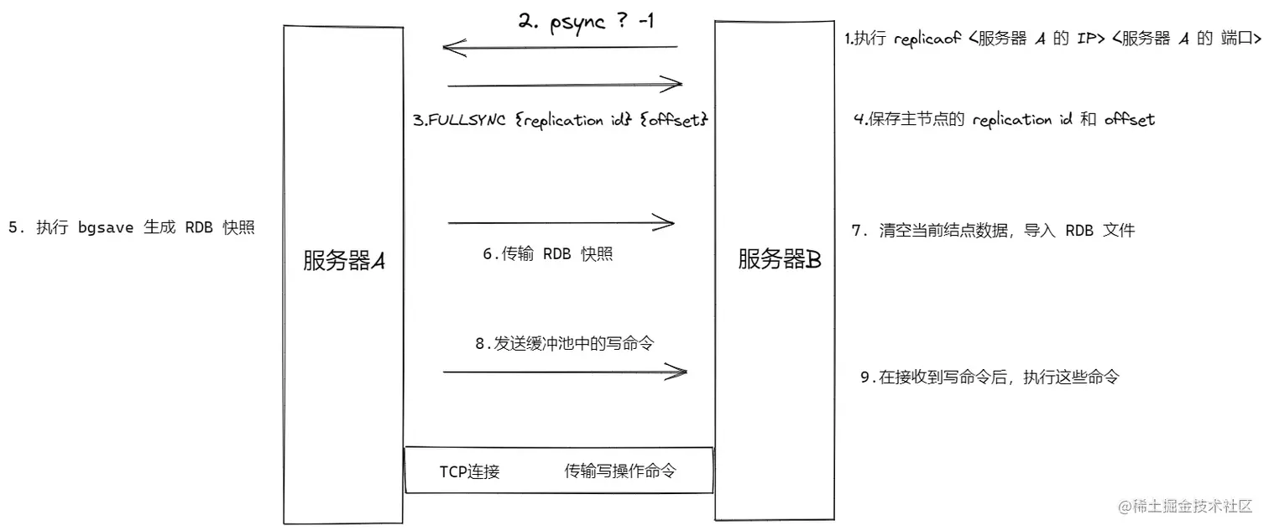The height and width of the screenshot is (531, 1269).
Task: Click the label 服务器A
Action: click(343, 262)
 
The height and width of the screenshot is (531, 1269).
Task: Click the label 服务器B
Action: click(779, 260)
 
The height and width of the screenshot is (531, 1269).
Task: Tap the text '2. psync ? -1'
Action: click(586, 23)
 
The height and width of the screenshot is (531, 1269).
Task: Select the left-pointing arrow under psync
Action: click(560, 48)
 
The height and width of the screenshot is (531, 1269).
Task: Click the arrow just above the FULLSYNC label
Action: click(565, 84)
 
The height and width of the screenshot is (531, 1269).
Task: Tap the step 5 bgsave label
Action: click(131, 228)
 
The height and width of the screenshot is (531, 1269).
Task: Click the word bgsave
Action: click(106, 228)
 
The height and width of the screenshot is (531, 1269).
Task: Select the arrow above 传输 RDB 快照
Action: click(561, 223)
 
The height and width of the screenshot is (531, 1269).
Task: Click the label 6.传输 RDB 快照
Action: click(547, 254)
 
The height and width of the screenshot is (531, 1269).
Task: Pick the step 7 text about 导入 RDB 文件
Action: click(993, 231)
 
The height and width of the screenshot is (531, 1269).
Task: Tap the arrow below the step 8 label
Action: click(564, 371)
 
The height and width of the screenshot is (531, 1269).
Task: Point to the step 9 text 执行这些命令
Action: click(990, 377)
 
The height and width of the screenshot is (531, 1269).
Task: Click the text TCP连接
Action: click(469, 471)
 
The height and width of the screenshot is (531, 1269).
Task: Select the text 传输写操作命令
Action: click(620, 471)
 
